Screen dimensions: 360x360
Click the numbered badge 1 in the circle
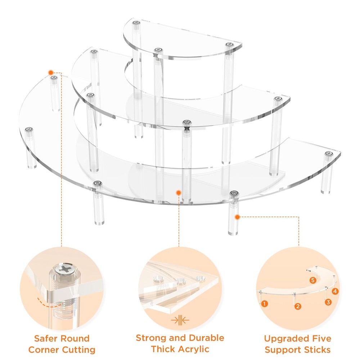pos(265,303)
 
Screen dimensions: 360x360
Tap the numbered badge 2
pos(297,306)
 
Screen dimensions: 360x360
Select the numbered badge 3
pos(328,302)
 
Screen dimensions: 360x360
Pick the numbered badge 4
pos(335,292)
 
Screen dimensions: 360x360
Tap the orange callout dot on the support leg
pos(238,217)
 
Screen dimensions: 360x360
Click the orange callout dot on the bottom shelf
pos(178,193)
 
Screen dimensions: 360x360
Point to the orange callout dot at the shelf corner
pos(51,72)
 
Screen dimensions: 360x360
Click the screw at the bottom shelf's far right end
pos(328,154)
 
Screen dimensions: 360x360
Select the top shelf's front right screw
pos(228,45)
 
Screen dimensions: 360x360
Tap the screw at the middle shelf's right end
pos(277,98)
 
